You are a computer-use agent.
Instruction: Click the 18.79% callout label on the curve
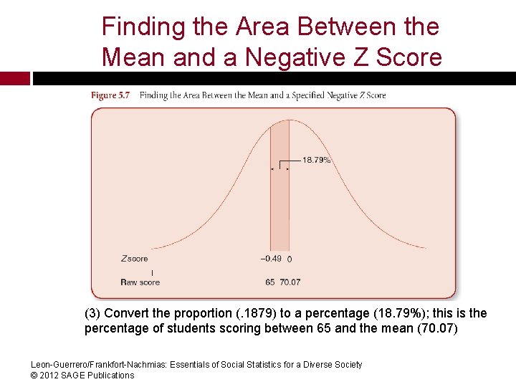coord(316,160)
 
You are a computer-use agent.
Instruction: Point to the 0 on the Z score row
coord(289,259)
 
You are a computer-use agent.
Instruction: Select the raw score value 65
coord(270,282)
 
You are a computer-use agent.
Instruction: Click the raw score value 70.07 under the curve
coord(290,282)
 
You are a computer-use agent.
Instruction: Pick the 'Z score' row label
coord(134,259)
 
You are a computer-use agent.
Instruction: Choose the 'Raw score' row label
coord(140,282)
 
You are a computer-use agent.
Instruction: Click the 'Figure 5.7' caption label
coord(110,95)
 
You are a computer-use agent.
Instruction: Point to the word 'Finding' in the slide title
coord(143,27)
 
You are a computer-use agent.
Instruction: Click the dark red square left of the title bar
coord(14,78)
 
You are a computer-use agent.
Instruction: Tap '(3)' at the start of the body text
coord(92,313)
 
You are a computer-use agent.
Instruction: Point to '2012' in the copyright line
coord(54,375)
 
